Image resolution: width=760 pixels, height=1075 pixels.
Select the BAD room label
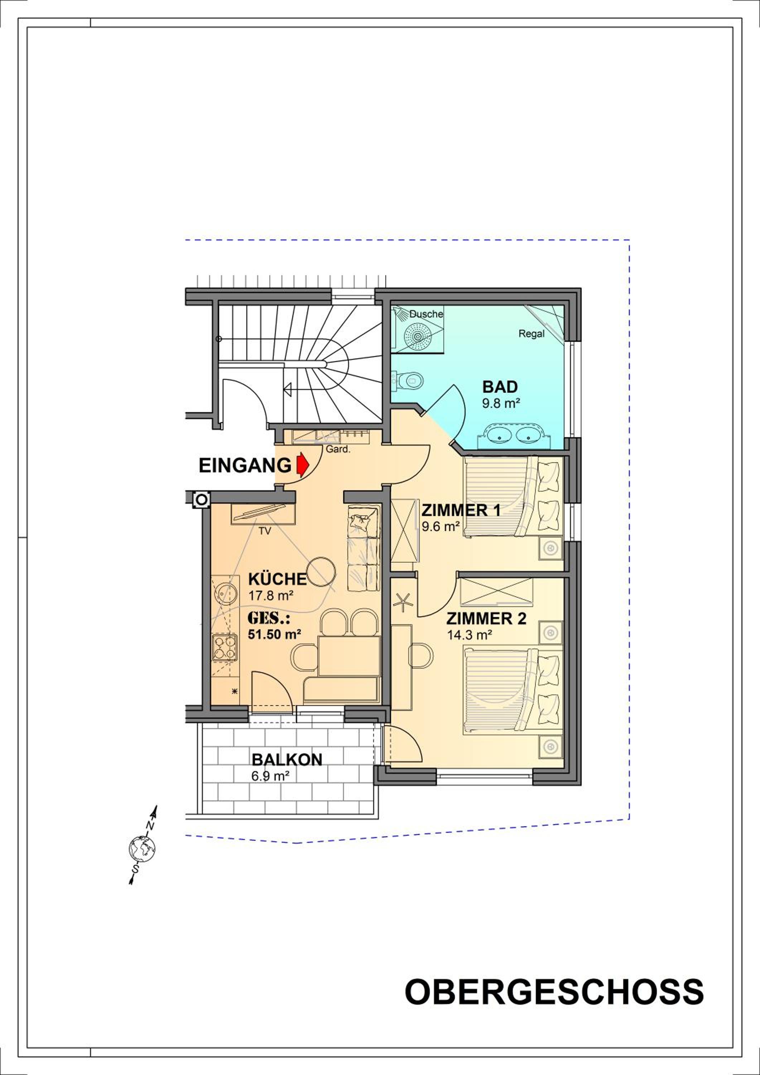[x=500, y=387]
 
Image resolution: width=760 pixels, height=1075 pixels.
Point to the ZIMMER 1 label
[x=461, y=510]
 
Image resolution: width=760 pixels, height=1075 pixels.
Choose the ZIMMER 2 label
[x=486, y=619]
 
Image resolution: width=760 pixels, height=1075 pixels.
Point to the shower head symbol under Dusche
[x=417, y=336]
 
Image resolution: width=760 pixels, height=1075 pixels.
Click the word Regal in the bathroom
[x=531, y=334]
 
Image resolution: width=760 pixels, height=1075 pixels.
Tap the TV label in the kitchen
[x=265, y=531]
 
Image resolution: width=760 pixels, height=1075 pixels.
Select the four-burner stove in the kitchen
[x=225, y=647]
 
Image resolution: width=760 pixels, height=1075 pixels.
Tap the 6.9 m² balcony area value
[x=270, y=776]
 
